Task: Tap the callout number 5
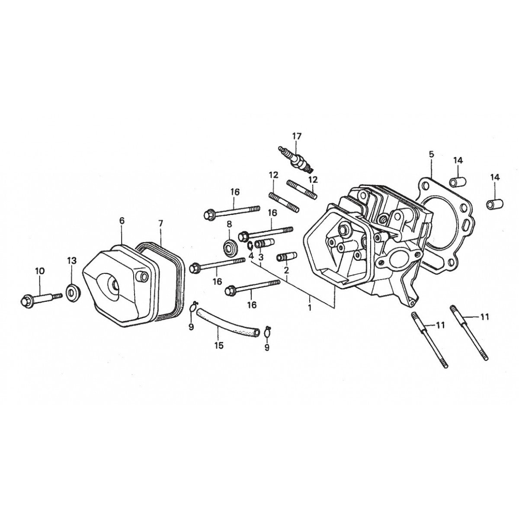tap(432, 154)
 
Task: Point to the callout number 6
tap(122, 221)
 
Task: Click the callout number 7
tap(160, 223)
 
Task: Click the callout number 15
tap(219, 346)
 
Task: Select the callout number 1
tap(310, 308)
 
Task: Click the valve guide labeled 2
tap(287, 257)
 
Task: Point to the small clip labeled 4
tap(250, 246)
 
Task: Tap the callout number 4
tap(251, 256)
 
